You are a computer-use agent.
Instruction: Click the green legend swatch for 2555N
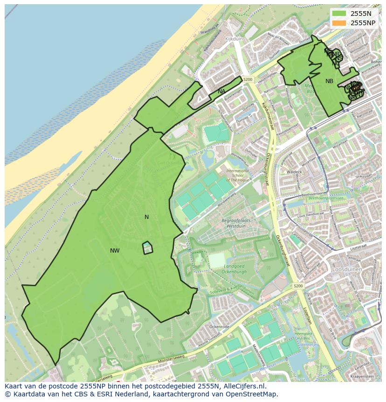[339, 14]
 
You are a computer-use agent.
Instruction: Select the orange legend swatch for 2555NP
[339, 23]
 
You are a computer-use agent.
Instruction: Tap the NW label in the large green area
[115, 251]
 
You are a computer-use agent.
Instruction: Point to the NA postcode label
[221, 92]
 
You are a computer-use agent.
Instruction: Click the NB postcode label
[329, 81]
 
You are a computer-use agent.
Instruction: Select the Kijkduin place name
[234, 39]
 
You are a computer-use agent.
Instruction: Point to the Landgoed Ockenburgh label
[224, 268]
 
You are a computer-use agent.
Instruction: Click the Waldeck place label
[295, 172]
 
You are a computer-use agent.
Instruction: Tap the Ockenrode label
[218, 326]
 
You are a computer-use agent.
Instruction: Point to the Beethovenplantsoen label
[325, 198]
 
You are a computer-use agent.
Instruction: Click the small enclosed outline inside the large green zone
[147, 247]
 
